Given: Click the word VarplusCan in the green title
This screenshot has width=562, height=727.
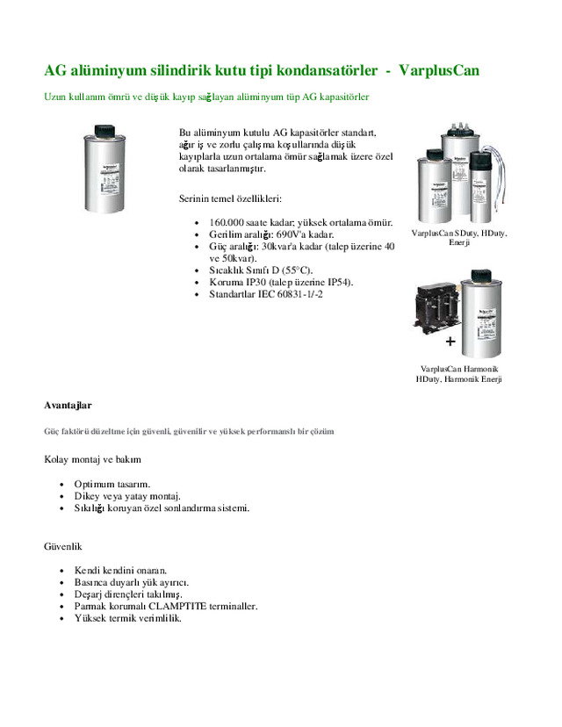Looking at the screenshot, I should pyautogui.click(x=438, y=69).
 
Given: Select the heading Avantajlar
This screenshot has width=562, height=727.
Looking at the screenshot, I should pyautogui.click(x=68, y=405).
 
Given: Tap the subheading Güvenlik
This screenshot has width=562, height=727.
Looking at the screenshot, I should pyautogui.click(x=63, y=545).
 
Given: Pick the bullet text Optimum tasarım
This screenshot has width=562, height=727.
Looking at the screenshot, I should pyautogui.click(x=112, y=484).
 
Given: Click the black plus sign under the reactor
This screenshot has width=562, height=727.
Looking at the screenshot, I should pyautogui.click(x=450, y=340).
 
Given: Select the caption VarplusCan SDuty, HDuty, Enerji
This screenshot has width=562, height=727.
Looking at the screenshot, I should pyautogui.click(x=459, y=237).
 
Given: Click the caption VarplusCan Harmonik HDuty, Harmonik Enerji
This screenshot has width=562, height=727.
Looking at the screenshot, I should pyautogui.click(x=459, y=373).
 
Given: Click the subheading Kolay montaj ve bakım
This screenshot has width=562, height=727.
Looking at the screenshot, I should pyautogui.click(x=92, y=459).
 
